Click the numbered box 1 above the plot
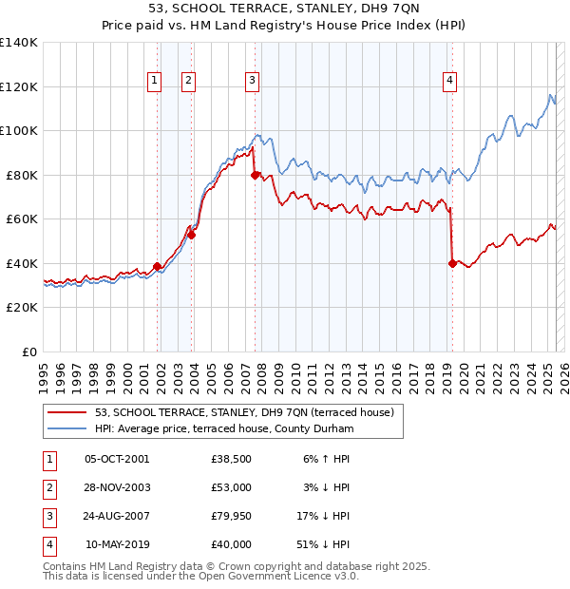[154, 81]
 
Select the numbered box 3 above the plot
[252, 81]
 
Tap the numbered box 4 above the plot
[448, 81]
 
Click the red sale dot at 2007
[256, 175]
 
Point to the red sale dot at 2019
[452, 264]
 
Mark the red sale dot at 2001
[157, 266]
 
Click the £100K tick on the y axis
[18, 130]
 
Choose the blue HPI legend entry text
[223, 429]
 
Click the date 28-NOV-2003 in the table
[117, 487]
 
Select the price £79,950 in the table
[232, 516]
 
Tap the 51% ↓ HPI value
[326, 544]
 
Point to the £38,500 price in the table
[232, 459]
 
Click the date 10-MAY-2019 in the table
[117, 544]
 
